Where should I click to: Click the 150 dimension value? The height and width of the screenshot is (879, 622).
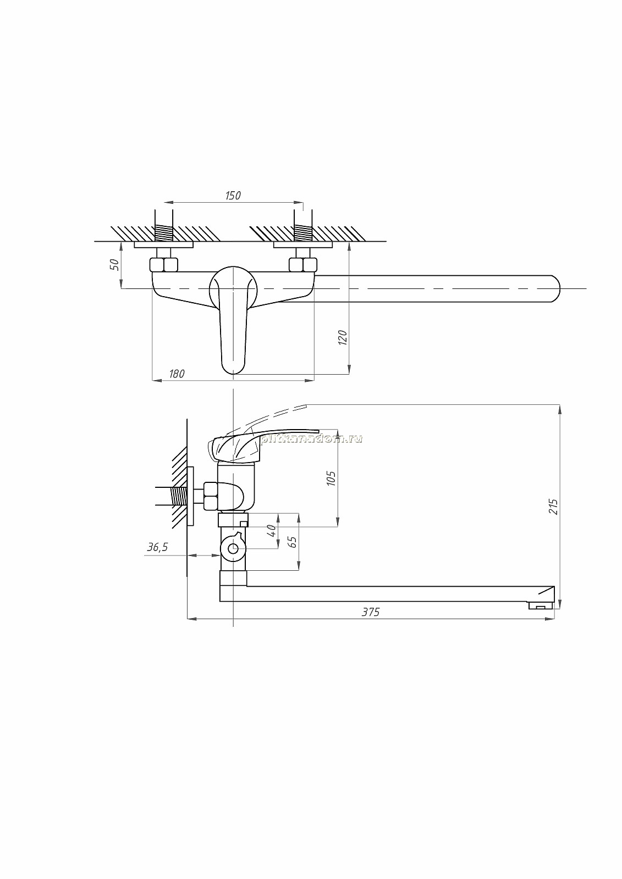[233, 195]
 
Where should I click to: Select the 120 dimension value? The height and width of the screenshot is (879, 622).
[343, 337]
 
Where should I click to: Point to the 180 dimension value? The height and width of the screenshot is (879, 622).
[177, 374]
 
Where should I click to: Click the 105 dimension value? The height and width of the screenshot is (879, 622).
[331, 479]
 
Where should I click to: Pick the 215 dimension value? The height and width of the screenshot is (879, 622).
[553, 507]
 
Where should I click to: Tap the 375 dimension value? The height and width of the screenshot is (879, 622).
[371, 612]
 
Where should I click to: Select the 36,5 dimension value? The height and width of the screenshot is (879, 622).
[158, 547]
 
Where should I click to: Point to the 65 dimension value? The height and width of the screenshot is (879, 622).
[293, 542]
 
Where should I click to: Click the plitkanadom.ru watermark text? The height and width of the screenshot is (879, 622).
[311, 439]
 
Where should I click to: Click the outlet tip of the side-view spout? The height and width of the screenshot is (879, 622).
[541, 607]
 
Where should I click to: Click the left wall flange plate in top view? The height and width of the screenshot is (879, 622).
[163, 245]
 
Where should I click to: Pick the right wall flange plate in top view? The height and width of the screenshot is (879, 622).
[303, 245]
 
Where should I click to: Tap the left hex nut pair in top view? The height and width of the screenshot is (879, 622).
[163, 264]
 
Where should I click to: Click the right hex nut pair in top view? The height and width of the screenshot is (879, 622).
[303, 264]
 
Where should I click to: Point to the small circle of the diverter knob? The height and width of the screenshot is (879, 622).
[233, 549]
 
